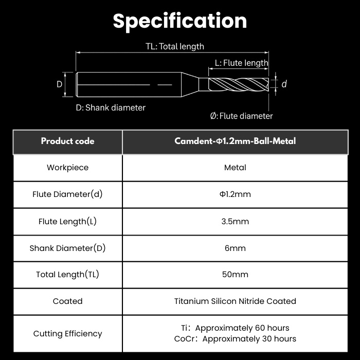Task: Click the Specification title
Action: tap(180, 22)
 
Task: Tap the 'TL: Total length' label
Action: tap(175, 46)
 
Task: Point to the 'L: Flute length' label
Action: tap(241, 63)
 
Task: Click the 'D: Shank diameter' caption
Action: tap(111, 107)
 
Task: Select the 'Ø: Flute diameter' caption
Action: tap(241, 116)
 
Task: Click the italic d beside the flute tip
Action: tap(284, 84)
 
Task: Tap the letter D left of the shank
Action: tap(59, 84)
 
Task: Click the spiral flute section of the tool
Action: tap(239, 84)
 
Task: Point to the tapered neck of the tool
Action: tap(190, 84)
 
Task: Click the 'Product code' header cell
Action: tap(67, 141)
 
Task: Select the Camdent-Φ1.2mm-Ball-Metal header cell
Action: tap(235, 141)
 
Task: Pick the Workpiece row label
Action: tap(67, 168)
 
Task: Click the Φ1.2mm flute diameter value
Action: tap(235, 194)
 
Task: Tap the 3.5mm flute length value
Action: tap(235, 221)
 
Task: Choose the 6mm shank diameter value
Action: tap(235, 248)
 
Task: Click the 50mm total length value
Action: tap(235, 275)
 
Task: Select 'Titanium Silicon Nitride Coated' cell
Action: tap(235, 301)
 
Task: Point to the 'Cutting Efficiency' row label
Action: tap(67, 334)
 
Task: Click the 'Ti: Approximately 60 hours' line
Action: tap(235, 328)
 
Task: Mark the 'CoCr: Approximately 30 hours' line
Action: tap(235, 339)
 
